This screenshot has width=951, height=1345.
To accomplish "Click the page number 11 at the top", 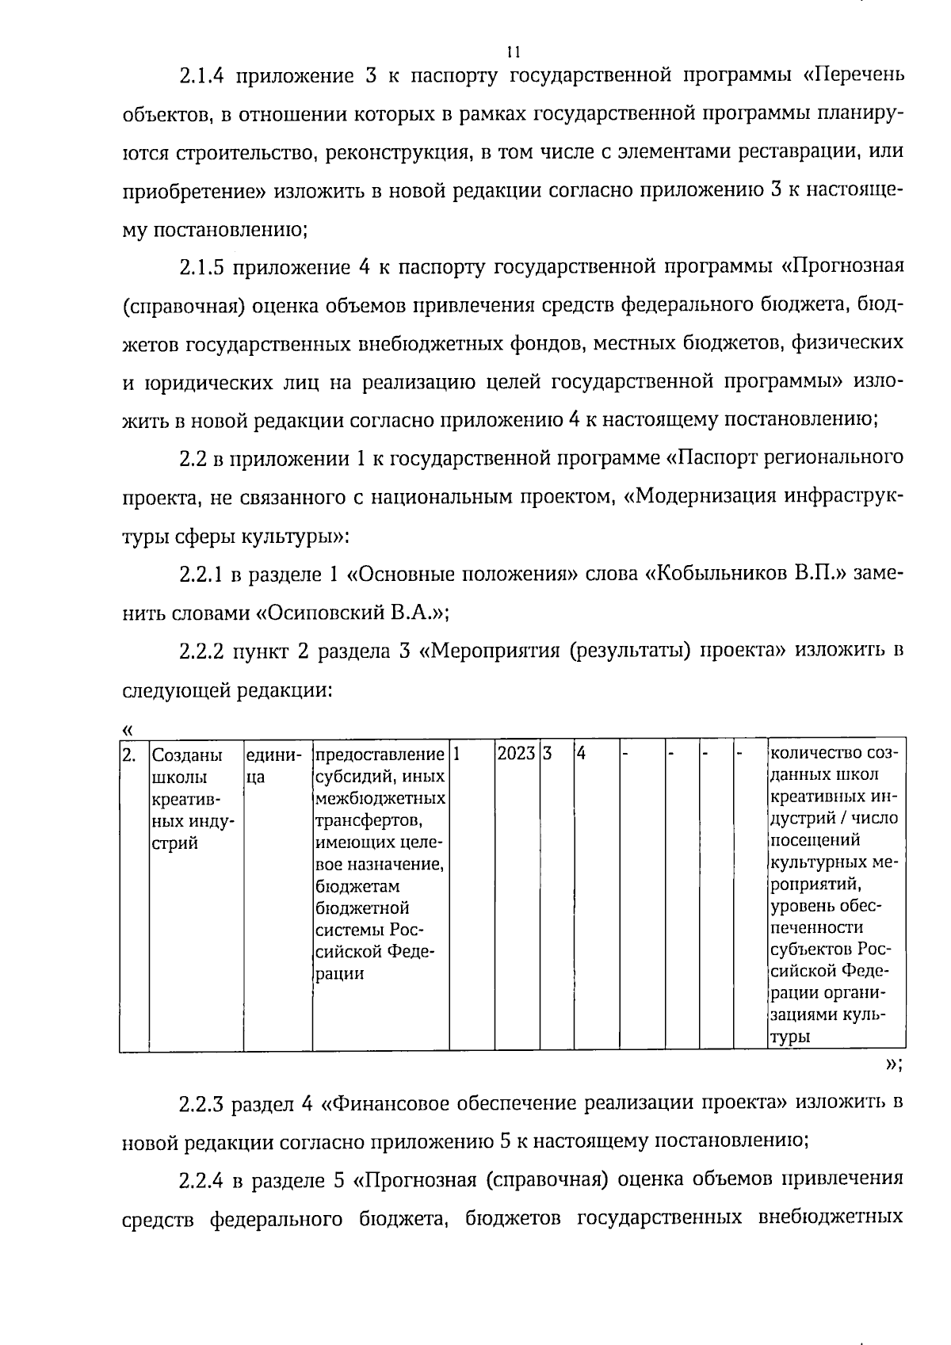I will [513, 52].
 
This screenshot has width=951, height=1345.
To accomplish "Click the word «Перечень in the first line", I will [852, 77].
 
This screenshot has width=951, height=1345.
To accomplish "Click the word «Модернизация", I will [699, 497].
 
